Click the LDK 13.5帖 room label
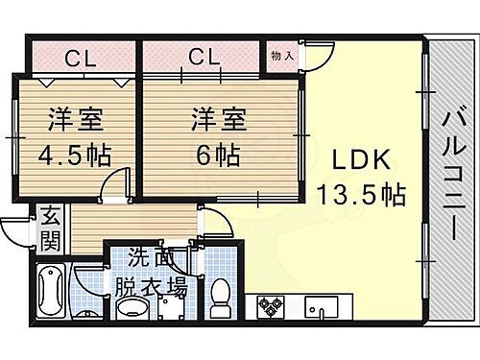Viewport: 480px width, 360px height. point(360,177)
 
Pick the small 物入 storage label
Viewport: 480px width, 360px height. point(282,57)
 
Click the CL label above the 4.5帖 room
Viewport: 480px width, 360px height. point(79,57)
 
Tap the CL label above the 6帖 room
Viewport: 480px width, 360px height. point(204,57)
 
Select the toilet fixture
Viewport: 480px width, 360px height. point(220,292)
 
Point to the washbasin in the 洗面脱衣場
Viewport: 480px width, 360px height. point(135,307)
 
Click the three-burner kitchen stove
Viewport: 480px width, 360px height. point(269,306)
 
